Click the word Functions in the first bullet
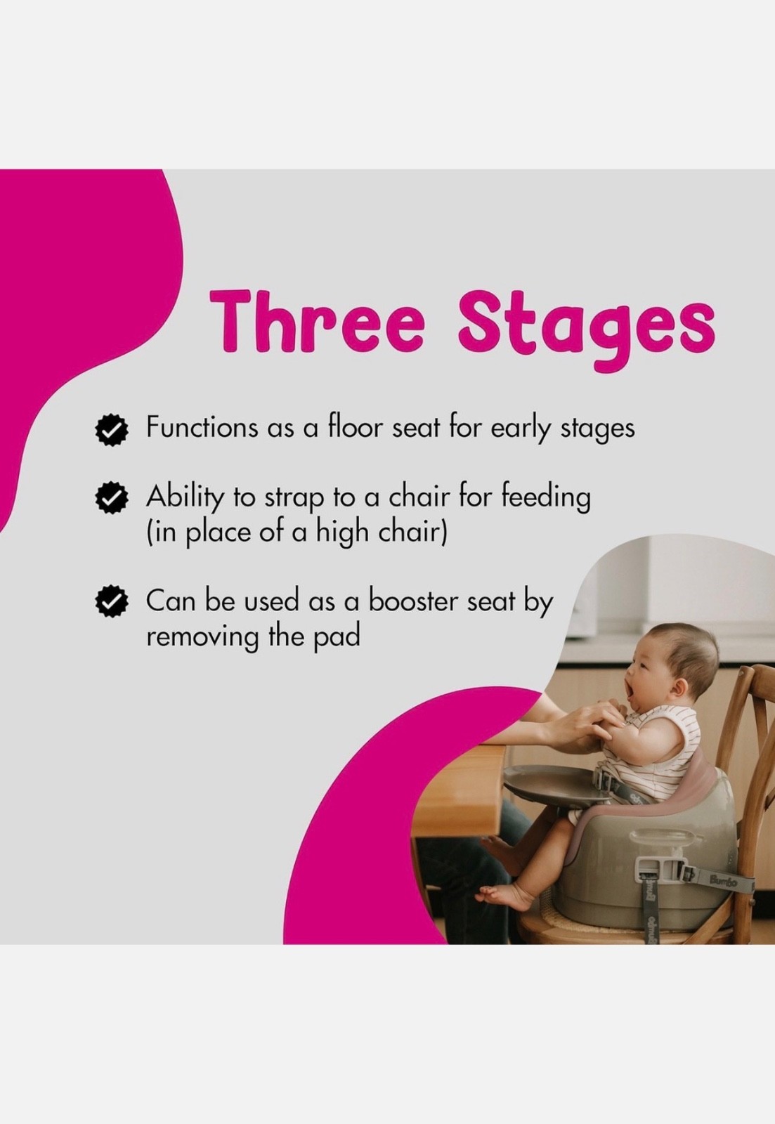[x=202, y=428]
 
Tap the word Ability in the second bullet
[x=184, y=497]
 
